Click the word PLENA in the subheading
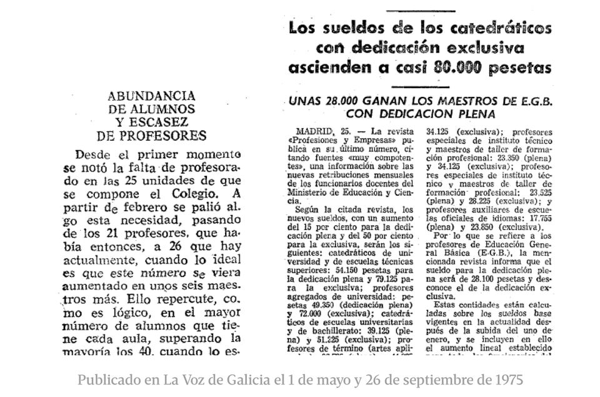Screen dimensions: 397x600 (x=476, y=114)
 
